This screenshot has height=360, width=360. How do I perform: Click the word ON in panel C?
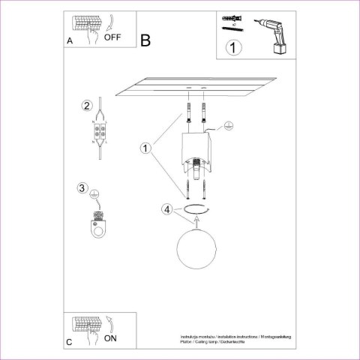110,338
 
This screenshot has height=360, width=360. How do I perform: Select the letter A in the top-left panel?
70,42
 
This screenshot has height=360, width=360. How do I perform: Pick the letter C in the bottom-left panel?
69,342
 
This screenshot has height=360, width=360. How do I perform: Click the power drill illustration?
273,34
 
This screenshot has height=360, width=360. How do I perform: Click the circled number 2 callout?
87,105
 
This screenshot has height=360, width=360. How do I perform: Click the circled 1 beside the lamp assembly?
145,148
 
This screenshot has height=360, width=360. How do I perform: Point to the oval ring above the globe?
196,209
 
